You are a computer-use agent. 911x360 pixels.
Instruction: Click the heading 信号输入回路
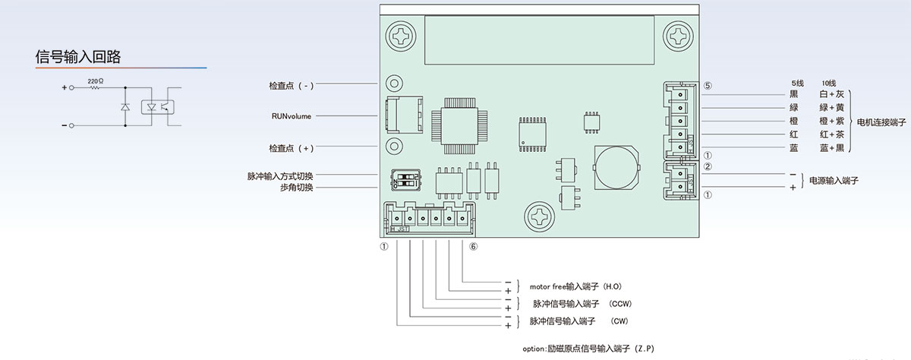click(79, 56)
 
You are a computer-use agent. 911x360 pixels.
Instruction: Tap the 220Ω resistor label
click(95, 80)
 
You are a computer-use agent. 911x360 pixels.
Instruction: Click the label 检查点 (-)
click(291, 85)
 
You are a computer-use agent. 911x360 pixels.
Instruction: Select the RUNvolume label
click(291, 116)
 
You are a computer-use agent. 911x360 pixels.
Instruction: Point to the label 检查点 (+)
click(291, 147)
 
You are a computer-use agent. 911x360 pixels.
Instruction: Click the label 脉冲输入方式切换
click(279, 176)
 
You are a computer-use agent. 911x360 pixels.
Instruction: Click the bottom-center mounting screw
click(542, 214)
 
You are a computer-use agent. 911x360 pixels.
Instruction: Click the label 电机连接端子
click(882, 122)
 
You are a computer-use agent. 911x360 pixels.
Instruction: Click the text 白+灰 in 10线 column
click(831, 94)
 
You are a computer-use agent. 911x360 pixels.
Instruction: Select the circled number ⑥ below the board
click(474, 247)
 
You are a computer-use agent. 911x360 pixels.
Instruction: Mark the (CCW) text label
click(620, 304)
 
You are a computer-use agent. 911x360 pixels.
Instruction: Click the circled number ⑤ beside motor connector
click(708, 86)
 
